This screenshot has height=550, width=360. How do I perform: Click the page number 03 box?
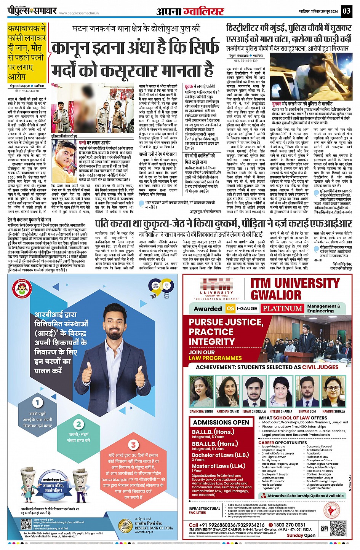click(346, 11)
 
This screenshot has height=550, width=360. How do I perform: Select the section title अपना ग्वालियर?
click(190, 11)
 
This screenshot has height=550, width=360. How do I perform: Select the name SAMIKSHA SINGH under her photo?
click(202, 411)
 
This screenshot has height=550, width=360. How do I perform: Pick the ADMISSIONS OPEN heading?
click(221, 422)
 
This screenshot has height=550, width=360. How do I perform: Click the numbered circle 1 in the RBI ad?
click(37, 402)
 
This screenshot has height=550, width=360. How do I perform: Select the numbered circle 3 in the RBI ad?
click(133, 445)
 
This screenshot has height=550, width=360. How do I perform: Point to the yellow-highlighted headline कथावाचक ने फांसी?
click(27, 52)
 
